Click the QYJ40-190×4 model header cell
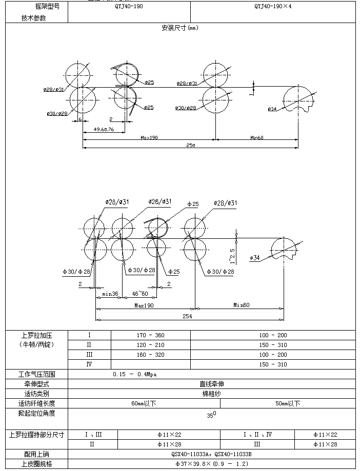pos(272,7)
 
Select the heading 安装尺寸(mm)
pos(179,28)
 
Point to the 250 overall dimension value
pos(190,146)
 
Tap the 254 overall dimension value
pos(187,316)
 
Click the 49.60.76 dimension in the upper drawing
pos(104,129)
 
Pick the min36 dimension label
pos(110,294)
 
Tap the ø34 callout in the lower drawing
pos(255,258)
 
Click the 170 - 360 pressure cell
pos(150,335)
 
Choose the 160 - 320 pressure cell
pos(150,355)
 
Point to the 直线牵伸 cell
pos(211,384)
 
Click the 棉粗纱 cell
pos(211,394)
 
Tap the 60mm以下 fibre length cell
pos(144,403)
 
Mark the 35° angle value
pos(211,416)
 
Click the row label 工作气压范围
pos(36,374)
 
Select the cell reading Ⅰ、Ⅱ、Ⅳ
pos(257,435)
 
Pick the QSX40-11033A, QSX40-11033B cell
pos(211,454)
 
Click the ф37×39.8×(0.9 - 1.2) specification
pos(211,464)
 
